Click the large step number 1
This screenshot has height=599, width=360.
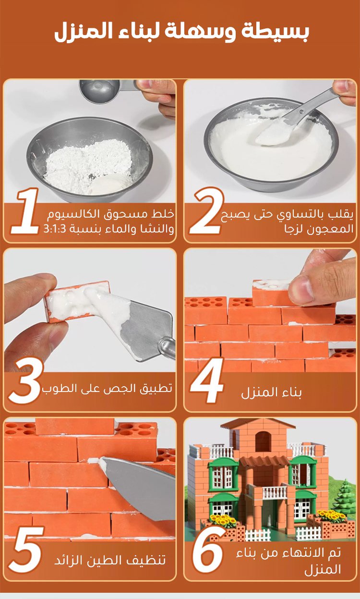[25, 211]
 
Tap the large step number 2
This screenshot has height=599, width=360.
[206, 211]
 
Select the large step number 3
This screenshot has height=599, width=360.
[26, 380]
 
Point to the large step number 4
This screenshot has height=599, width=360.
[207, 380]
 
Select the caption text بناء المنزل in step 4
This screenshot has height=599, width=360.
[271, 392]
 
